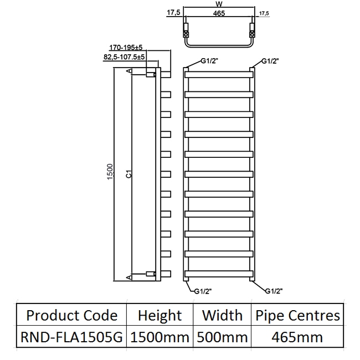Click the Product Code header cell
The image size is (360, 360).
click(72, 316)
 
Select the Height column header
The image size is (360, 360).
click(160, 316)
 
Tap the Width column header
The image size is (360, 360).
click(222, 316)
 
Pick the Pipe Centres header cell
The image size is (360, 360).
click(297, 316)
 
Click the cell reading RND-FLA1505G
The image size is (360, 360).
click(72, 336)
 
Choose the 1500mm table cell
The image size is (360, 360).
click(160, 336)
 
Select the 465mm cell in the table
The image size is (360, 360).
click(297, 336)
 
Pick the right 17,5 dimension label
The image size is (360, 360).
click(264, 12)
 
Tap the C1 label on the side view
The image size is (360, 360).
click(128, 174)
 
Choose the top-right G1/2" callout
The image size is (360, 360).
click(270, 61)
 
